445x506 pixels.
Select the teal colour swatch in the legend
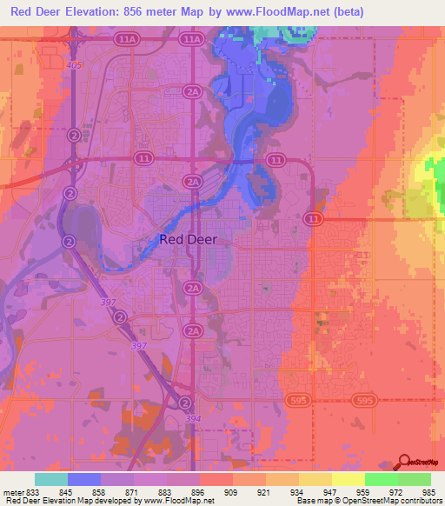pos(51,479)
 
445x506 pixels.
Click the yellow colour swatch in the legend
pos(348,479)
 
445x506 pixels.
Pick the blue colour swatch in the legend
pos(84,479)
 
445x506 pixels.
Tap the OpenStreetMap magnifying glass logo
pos(405,462)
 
